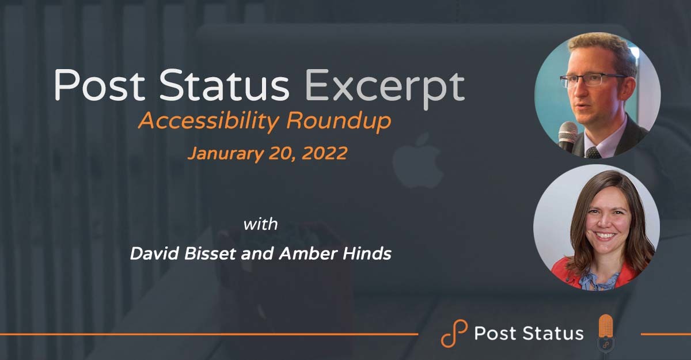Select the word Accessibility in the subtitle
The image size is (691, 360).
click(209, 121)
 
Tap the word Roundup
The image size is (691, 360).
click(339, 121)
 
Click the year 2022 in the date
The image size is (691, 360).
click(324, 153)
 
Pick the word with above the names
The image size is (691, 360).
click(260, 224)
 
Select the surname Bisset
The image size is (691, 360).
click(210, 253)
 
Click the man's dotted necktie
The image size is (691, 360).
click(593, 153)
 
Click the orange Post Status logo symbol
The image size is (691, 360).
click(454, 333)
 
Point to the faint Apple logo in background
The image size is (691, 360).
click(418, 160)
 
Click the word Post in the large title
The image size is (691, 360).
click(99, 85)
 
